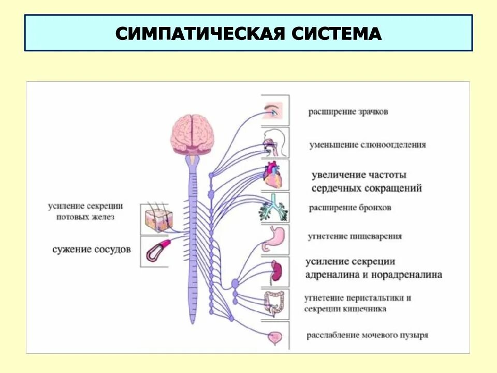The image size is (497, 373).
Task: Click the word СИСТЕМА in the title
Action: click(x=337, y=34)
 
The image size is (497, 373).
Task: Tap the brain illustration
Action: click(x=192, y=133)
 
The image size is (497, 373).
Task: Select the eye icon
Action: click(x=274, y=110)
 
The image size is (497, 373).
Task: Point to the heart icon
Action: click(x=274, y=175)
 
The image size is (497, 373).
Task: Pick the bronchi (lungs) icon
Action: click(x=274, y=207)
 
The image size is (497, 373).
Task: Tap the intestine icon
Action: click(x=274, y=304)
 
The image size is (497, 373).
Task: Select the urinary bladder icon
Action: click(x=273, y=336)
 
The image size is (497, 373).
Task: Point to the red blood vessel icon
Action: click(x=155, y=251)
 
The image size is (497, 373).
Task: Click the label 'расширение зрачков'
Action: click(x=348, y=111)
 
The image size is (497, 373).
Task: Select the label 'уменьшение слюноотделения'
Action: click(x=368, y=145)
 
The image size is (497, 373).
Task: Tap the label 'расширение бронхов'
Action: click(x=350, y=208)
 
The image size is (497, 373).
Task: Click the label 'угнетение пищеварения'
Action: click(x=355, y=236)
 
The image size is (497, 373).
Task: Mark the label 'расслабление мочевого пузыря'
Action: click(x=368, y=335)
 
